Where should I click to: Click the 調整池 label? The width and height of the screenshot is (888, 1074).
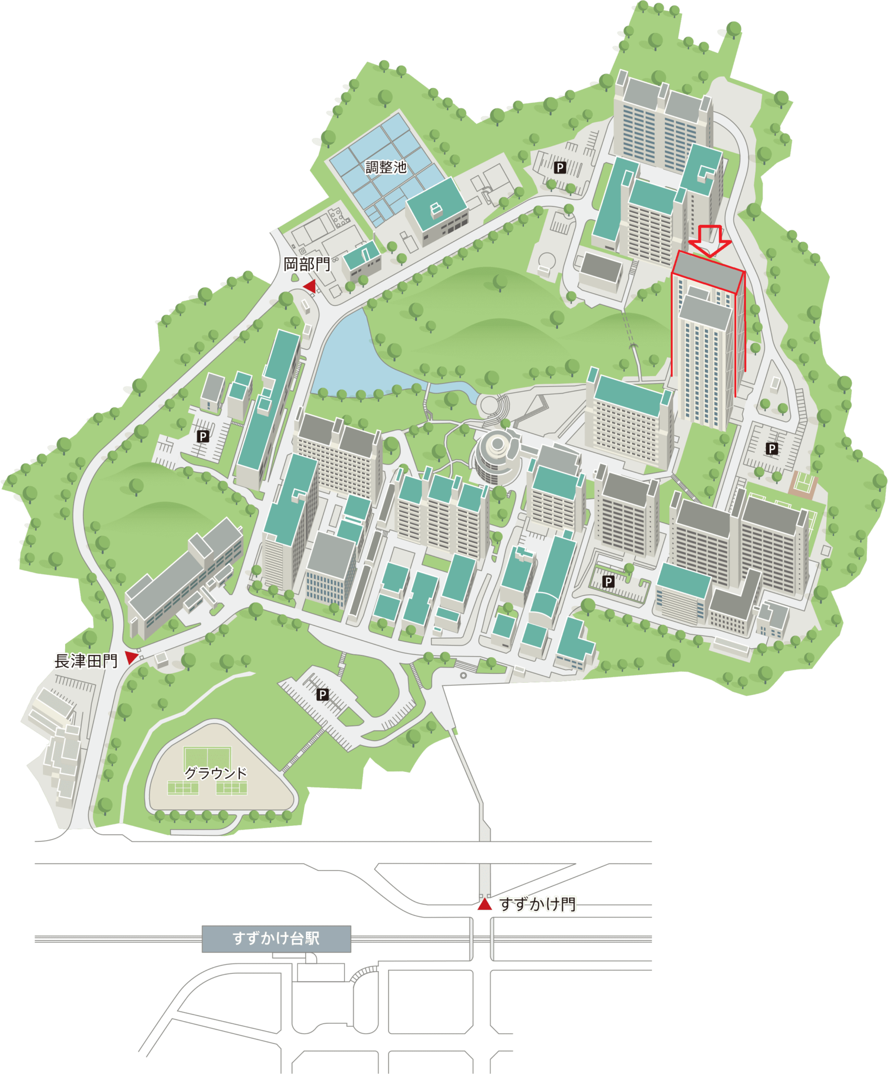point(386,167)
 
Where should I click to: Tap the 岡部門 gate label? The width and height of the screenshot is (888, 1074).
point(307,264)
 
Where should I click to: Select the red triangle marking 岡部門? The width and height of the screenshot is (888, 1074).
point(310,286)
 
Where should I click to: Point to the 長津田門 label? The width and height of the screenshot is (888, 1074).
point(86,661)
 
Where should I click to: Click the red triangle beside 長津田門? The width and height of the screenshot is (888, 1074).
point(131,658)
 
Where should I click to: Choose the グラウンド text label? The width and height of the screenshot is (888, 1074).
point(216,773)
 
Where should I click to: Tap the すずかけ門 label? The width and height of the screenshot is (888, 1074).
point(538,905)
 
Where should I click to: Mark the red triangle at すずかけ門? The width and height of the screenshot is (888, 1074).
point(485,905)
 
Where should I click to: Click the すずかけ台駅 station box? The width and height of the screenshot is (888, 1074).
point(276,939)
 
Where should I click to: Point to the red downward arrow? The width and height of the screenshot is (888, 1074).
point(710,241)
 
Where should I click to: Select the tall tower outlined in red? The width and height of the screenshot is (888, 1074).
point(707,341)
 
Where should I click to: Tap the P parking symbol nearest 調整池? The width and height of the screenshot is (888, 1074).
point(560,167)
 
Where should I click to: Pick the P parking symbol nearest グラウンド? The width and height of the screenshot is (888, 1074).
point(323,695)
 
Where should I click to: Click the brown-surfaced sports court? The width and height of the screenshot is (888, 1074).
point(803,482)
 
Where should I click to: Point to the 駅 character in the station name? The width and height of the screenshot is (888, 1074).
point(313,939)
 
